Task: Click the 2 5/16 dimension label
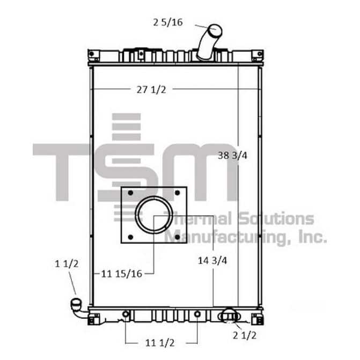[x=168, y=23]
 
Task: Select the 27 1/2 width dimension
[x=151, y=90]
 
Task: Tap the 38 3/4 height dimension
[x=232, y=156]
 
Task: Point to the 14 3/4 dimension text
[x=212, y=261]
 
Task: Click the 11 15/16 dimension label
[x=122, y=274]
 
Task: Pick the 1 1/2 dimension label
[x=67, y=263]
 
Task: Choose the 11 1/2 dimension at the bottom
[x=160, y=343]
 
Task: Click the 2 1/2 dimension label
[x=245, y=335]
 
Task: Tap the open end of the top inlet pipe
[x=215, y=31]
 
